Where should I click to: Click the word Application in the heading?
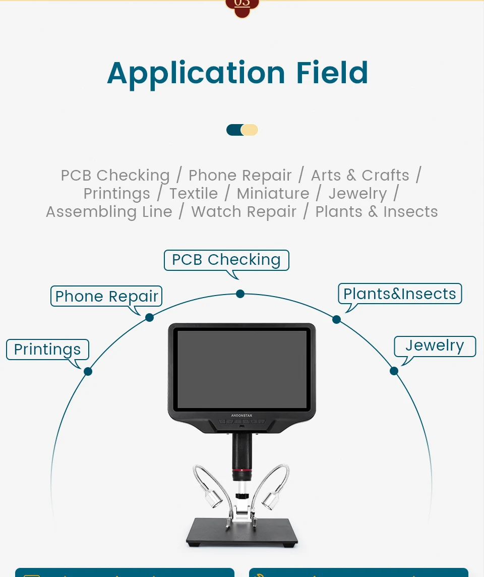click(196, 73)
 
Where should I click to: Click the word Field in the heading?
click(332, 72)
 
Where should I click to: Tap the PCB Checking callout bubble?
click(226, 260)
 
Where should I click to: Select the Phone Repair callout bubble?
click(106, 296)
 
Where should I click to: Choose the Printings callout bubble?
click(47, 350)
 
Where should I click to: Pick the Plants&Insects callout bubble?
click(400, 294)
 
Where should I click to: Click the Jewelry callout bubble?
click(435, 346)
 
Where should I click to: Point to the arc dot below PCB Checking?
click(240, 294)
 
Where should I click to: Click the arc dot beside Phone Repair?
click(149, 317)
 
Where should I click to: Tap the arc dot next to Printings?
click(88, 371)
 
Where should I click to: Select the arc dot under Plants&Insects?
click(336, 319)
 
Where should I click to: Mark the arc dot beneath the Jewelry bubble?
click(394, 371)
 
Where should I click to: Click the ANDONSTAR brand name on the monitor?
click(241, 416)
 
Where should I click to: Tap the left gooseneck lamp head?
click(214, 500)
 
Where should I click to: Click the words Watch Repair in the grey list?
click(244, 212)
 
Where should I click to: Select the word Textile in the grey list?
click(194, 194)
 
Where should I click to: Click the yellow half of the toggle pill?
click(250, 130)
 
